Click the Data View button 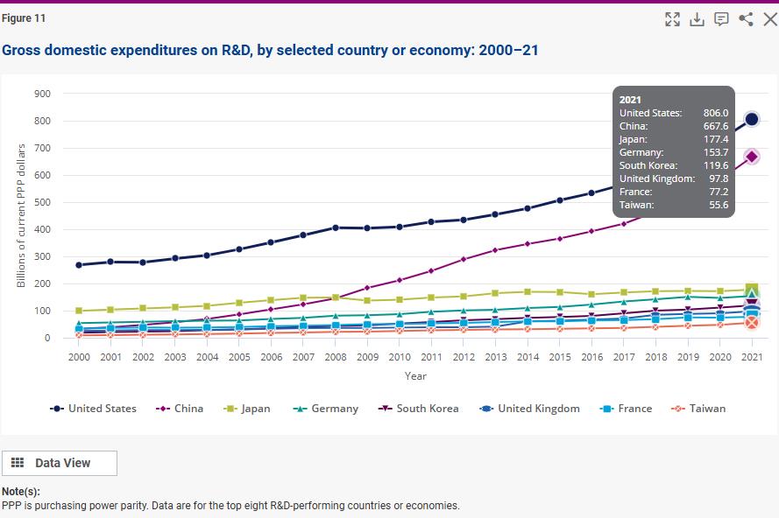60,463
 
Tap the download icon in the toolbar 698,19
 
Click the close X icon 770,19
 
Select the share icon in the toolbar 747,19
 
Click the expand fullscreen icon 673,19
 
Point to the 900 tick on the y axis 42,94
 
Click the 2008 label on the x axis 335,357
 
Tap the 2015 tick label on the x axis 560,357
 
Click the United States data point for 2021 751,119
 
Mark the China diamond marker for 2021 751,157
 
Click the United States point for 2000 79,264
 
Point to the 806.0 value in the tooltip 715,113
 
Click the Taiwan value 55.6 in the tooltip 718,204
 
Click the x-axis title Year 415,376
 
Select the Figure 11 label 24,18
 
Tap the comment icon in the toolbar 722,19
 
